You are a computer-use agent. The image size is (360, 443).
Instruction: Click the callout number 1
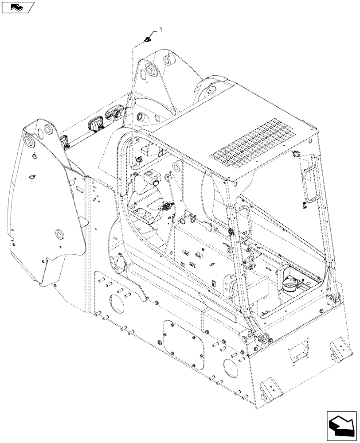tap(161, 30)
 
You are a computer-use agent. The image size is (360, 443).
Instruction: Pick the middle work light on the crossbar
tap(96, 126)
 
